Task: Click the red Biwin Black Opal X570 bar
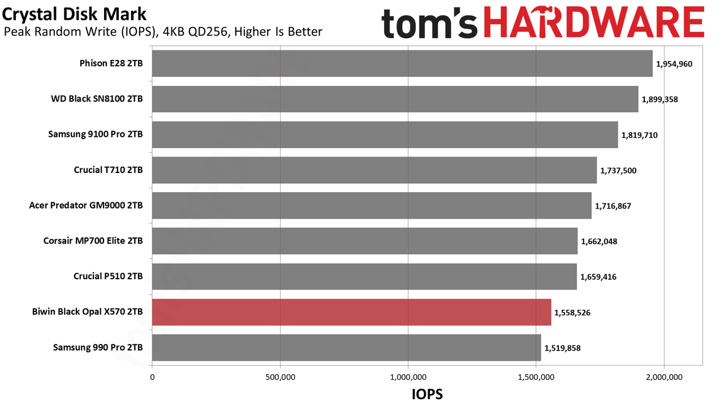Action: pos(352,312)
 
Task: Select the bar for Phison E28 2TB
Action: pos(402,63)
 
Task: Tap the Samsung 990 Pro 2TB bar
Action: pos(347,348)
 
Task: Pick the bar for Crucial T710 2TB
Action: pos(374,170)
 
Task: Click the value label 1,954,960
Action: pos(674,64)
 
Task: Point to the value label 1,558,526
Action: pos(572,313)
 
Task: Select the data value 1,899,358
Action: pos(660,99)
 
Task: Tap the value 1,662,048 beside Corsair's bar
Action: pos(599,241)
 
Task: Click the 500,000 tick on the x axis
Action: pos(280,377)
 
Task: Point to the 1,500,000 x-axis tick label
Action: pos(536,377)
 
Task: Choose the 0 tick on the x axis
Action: pos(152,377)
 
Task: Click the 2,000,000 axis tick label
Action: pos(664,377)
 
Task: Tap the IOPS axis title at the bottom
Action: pos(427,394)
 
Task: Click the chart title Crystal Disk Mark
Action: pos(74,15)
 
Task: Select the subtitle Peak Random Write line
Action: pos(163,32)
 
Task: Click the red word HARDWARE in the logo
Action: pos(594,22)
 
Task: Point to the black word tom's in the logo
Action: pos(429,23)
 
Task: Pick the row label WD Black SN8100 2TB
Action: pos(97,99)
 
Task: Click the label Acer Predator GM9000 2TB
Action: pos(86,205)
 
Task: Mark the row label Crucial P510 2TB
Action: pos(108,276)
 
